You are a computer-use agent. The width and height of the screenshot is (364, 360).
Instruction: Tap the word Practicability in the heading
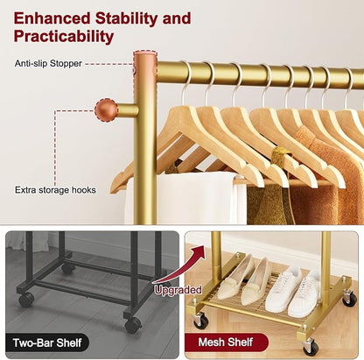[x=64, y=37]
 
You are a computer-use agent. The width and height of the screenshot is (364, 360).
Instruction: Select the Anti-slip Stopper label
[x=48, y=63]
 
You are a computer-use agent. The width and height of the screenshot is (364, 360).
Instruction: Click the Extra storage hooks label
[x=55, y=190]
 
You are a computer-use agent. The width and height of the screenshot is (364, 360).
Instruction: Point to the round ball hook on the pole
[x=106, y=109]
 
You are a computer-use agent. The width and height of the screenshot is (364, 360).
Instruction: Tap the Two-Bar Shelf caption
[x=47, y=342]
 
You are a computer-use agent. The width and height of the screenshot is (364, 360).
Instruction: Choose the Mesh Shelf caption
[x=226, y=342]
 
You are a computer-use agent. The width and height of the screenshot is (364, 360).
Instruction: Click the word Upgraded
[x=178, y=290]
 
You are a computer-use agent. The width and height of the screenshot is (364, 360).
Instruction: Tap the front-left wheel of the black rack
[x=26, y=299]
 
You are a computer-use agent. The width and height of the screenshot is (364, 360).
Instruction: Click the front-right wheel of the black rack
[x=133, y=324]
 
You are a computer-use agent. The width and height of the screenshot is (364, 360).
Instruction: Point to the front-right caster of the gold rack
[x=310, y=347]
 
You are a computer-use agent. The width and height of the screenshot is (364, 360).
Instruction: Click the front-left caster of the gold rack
[x=201, y=320]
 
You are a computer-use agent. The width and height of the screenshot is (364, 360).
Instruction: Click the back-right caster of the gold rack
[x=349, y=298]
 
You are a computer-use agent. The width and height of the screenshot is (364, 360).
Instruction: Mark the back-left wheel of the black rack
[x=67, y=269]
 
